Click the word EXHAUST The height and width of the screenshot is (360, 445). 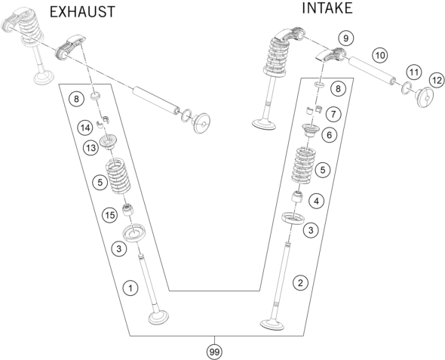pyautogui.click(x=82, y=12)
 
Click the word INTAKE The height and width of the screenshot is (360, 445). pyautogui.click(x=327, y=8)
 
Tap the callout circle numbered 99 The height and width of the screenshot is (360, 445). pyautogui.click(x=214, y=352)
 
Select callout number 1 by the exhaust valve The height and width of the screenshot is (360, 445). pyautogui.click(x=130, y=288)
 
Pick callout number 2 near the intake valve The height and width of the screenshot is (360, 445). pyautogui.click(x=300, y=282)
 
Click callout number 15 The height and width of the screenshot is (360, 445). pyautogui.click(x=110, y=215)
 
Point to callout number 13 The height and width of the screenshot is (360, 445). pyautogui.click(x=91, y=148)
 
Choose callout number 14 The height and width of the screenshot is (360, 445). pyautogui.click(x=85, y=128)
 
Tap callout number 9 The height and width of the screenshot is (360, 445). pyautogui.click(x=345, y=38)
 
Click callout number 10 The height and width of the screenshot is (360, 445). pyautogui.click(x=379, y=55)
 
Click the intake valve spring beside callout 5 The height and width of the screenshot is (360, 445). pyautogui.click(x=303, y=165)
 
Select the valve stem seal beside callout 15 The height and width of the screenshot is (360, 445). pyautogui.click(x=127, y=210)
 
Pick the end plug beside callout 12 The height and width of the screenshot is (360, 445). pyautogui.click(x=425, y=97)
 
